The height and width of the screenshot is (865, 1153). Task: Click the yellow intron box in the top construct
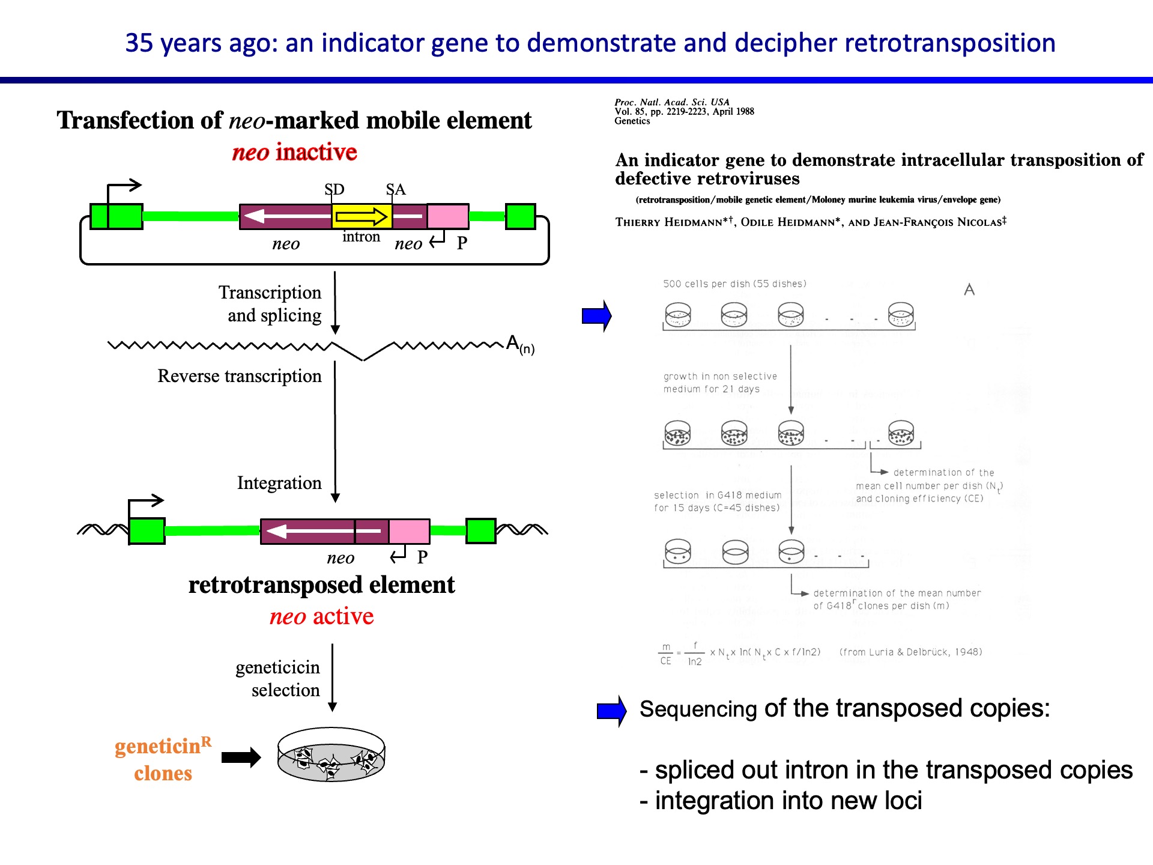pyautogui.click(x=362, y=216)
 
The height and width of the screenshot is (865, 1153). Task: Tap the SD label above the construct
pyautogui.click(x=334, y=189)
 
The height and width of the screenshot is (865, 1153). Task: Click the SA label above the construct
pyautogui.click(x=396, y=189)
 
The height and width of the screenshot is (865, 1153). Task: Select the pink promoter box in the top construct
pyautogui.click(x=448, y=216)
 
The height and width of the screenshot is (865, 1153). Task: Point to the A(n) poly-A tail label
pyautogui.click(x=520, y=344)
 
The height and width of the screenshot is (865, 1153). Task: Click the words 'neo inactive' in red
pyautogui.click(x=294, y=152)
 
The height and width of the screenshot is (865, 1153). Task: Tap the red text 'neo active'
pyautogui.click(x=321, y=616)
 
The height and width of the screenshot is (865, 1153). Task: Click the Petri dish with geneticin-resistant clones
pyautogui.click(x=331, y=755)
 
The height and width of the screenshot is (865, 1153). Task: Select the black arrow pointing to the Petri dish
pyautogui.click(x=241, y=757)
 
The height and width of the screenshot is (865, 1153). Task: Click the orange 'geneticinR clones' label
pyautogui.click(x=163, y=759)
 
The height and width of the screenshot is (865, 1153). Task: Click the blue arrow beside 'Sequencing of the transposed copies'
pyautogui.click(x=611, y=711)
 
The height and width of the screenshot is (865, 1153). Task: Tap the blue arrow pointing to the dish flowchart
pyautogui.click(x=596, y=315)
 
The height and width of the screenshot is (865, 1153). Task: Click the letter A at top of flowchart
pyautogui.click(x=969, y=290)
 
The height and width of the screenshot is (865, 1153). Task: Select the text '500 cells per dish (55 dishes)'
pyautogui.click(x=734, y=284)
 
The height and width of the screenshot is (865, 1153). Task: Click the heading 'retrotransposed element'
pyautogui.click(x=321, y=584)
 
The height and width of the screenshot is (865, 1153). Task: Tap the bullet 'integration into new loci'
pyautogui.click(x=781, y=801)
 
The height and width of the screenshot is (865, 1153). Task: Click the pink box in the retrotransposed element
pyautogui.click(x=409, y=531)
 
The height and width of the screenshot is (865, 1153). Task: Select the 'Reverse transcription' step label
pyautogui.click(x=239, y=376)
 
